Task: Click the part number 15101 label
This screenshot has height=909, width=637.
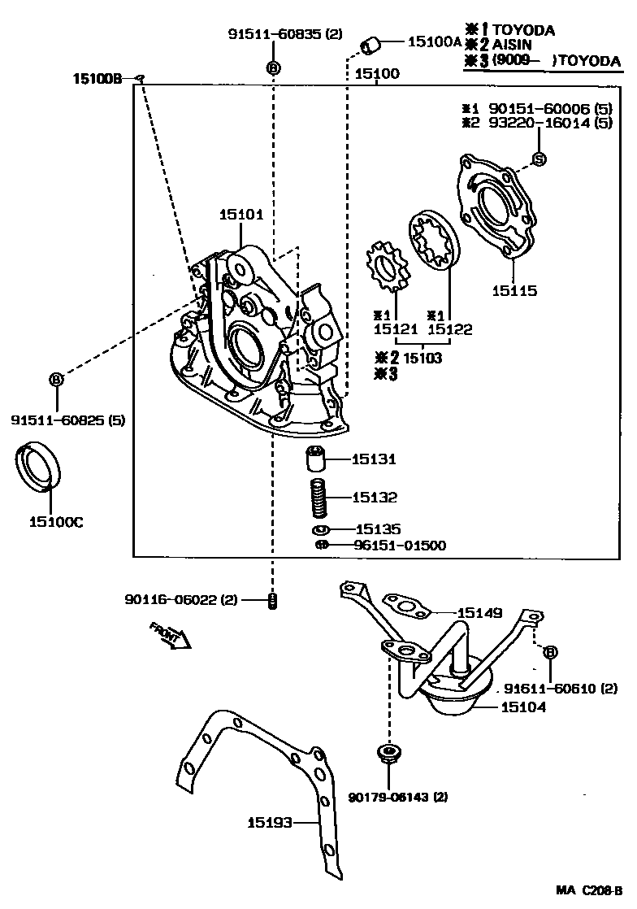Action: pyautogui.click(x=240, y=215)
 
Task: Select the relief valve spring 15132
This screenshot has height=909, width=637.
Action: pyautogui.click(x=319, y=497)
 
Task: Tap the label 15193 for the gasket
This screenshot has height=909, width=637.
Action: pyautogui.click(x=268, y=823)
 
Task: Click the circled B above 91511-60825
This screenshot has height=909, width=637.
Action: pyautogui.click(x=57, y=379)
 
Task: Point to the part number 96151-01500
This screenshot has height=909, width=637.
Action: pyautogui.click(x=399, y=546)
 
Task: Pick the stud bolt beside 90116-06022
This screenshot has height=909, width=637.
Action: pyautogui.click(x=274, y=602)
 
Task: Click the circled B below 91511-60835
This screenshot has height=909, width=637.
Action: pyautogui.click(x=273, y=67)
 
